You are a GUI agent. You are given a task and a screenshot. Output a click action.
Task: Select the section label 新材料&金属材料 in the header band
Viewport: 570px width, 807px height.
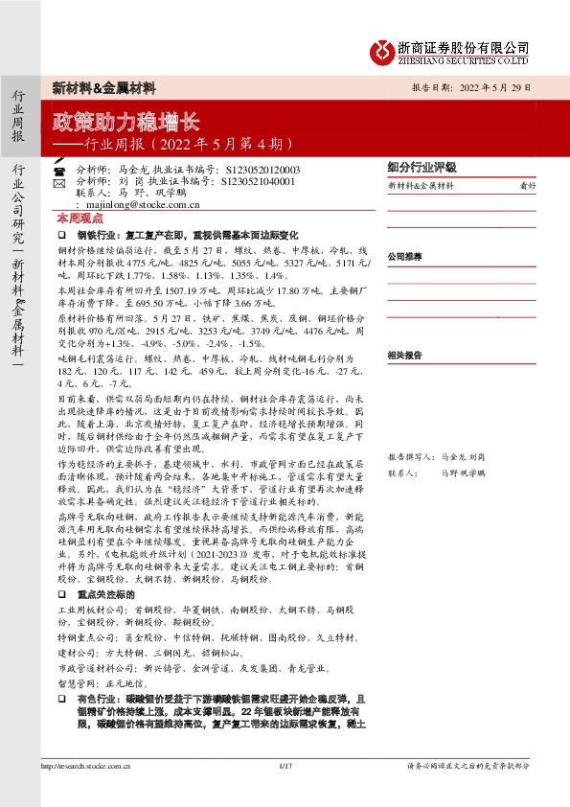coord(103,87)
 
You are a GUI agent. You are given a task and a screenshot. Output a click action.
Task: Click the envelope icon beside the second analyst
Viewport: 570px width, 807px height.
coord(59,180)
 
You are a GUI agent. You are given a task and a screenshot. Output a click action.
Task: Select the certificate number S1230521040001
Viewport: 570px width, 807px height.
coord(258,180)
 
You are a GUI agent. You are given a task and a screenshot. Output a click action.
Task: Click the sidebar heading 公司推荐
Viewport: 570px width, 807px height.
coord(404,257)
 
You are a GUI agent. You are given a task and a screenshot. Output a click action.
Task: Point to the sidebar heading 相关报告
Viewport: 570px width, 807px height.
coord(404,355)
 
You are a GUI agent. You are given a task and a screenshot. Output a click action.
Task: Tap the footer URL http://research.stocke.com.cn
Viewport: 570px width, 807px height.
coord(86,765)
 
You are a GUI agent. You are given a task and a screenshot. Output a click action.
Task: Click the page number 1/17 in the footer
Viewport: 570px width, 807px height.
coord(284,765)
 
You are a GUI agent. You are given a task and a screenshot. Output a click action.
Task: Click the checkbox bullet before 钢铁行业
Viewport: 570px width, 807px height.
coord(61,233)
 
